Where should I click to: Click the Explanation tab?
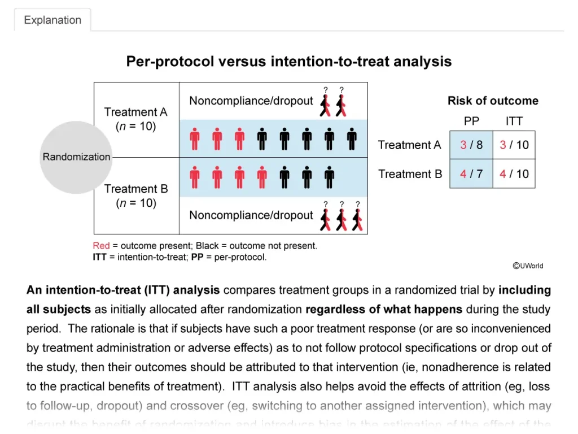[x=52, y=20]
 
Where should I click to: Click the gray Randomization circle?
[x=76, y=157]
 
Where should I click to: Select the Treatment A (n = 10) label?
[x=136, y=119]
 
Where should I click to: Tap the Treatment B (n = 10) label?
[x=136, y=196]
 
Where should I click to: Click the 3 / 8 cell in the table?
[x=471, y=145]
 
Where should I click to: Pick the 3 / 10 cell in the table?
[x=514, y=145]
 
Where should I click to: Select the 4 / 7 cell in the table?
[x=471, y=174]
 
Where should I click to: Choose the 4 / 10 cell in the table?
[x=514, y=174]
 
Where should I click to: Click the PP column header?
[x=471, y=121]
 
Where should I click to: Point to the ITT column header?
[x=514, y=121]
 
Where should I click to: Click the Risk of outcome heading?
[x=493, y=101]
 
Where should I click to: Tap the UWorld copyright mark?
[x=528, y=266]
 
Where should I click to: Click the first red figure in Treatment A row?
[x=195, y=138]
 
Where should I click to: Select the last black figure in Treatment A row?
[x=352, y=138]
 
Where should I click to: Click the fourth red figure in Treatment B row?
[x=262, y=177]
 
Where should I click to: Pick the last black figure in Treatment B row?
[x=330, y=177]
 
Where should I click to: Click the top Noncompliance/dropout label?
[x=251, y=101]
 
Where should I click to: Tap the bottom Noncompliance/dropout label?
[x=251, y=215]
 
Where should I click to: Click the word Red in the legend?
[x=101, y=246]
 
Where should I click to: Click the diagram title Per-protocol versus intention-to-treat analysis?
[x=288, y=62]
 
